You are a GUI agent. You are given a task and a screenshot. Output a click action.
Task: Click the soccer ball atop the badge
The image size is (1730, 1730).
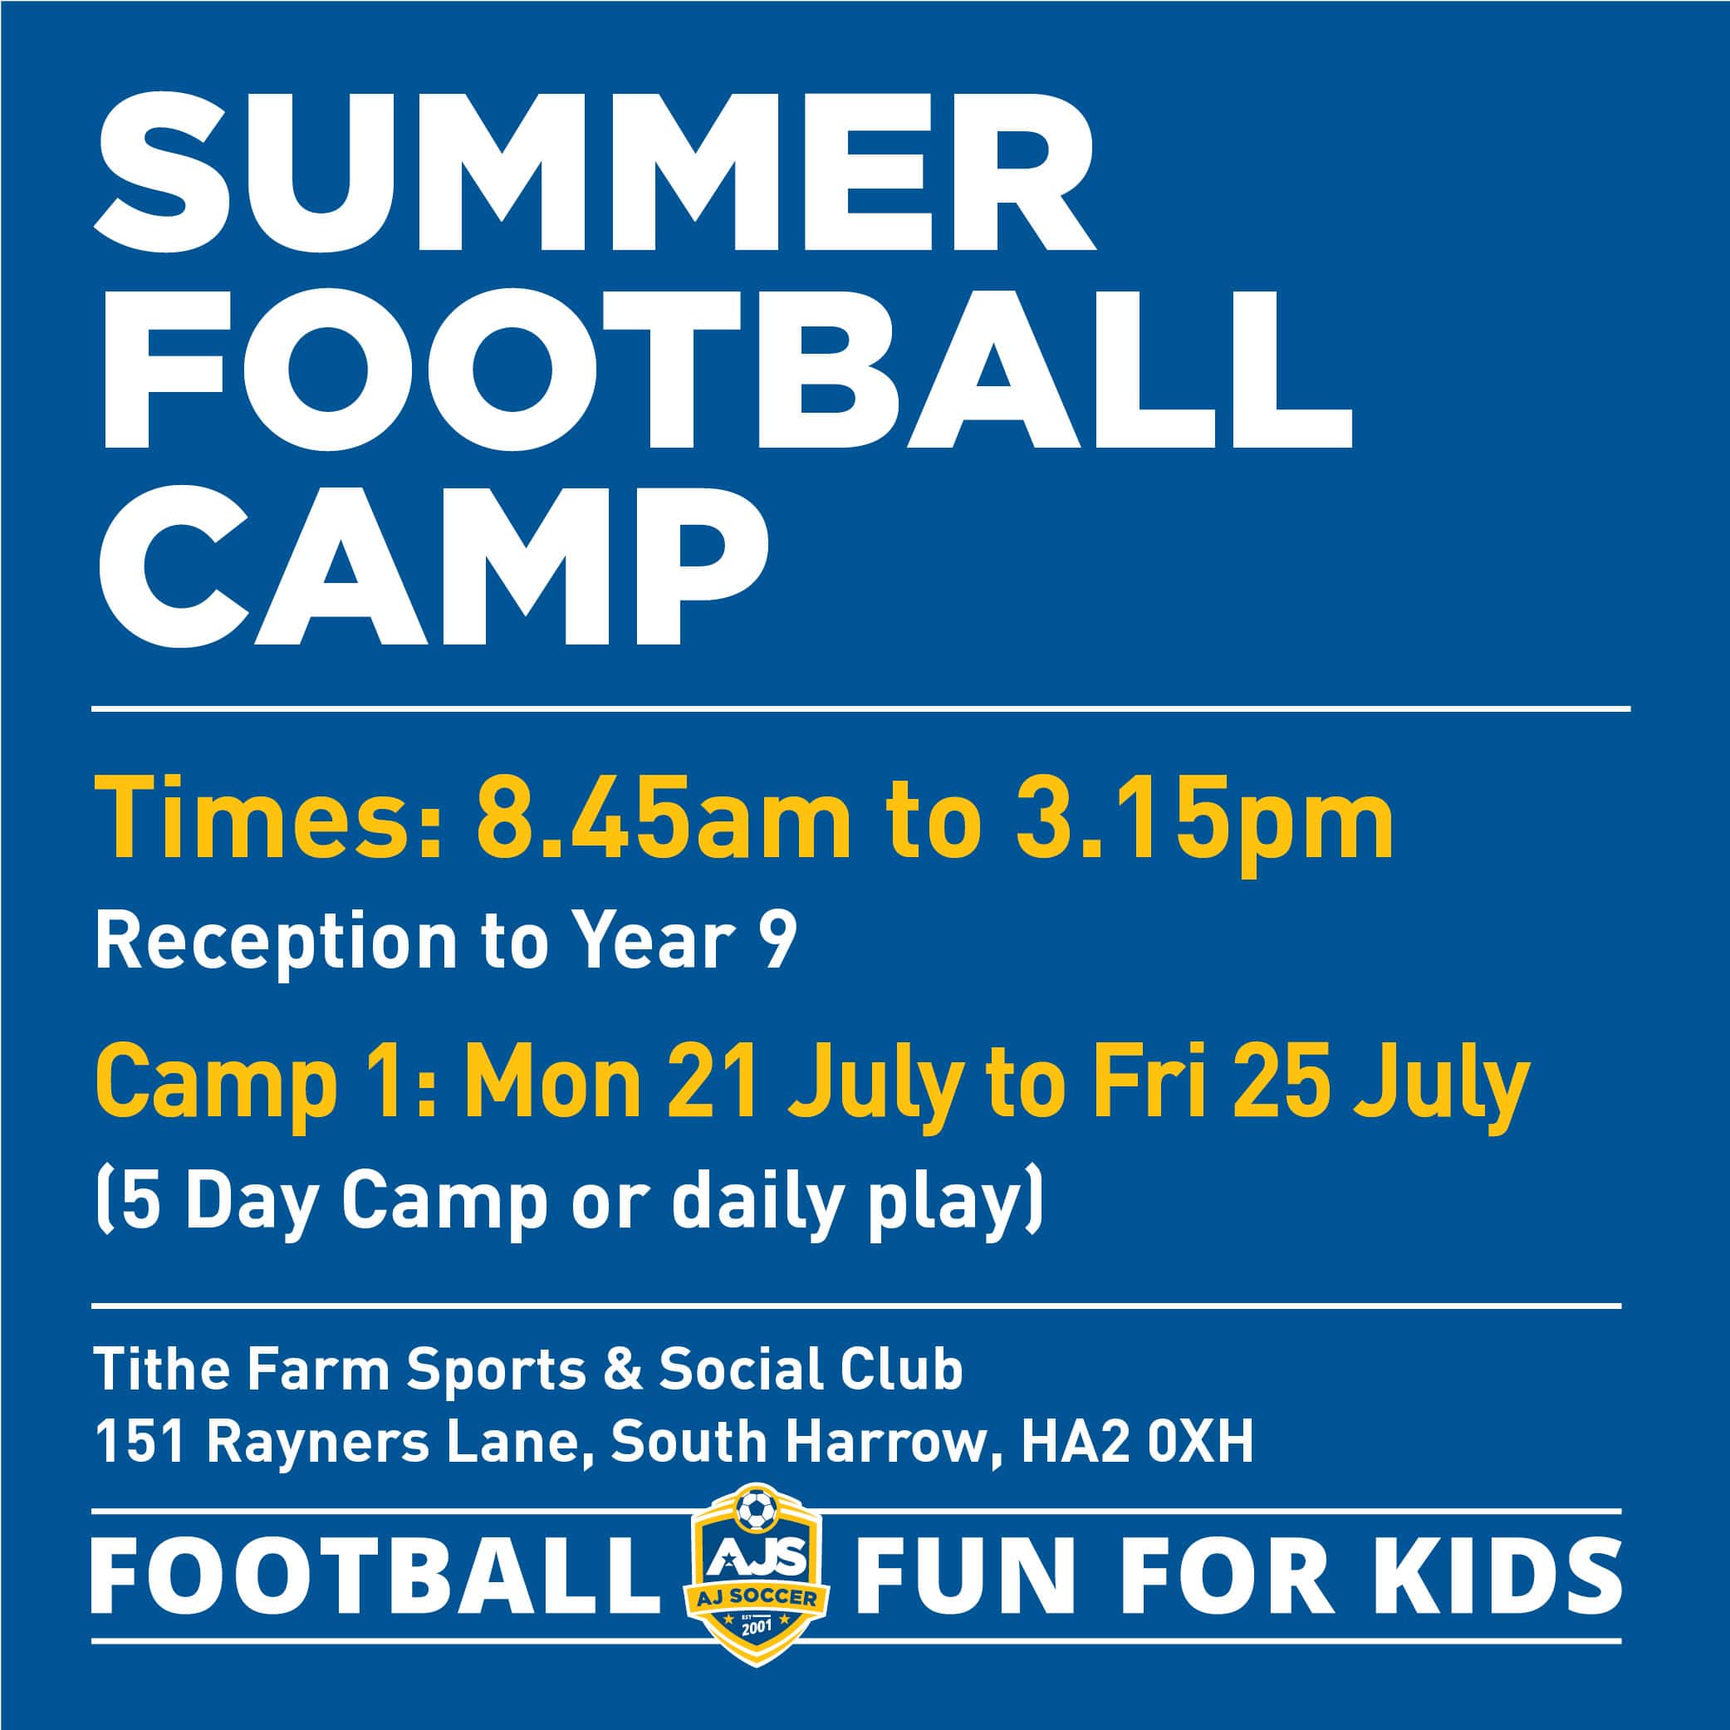pos(757,1512)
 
